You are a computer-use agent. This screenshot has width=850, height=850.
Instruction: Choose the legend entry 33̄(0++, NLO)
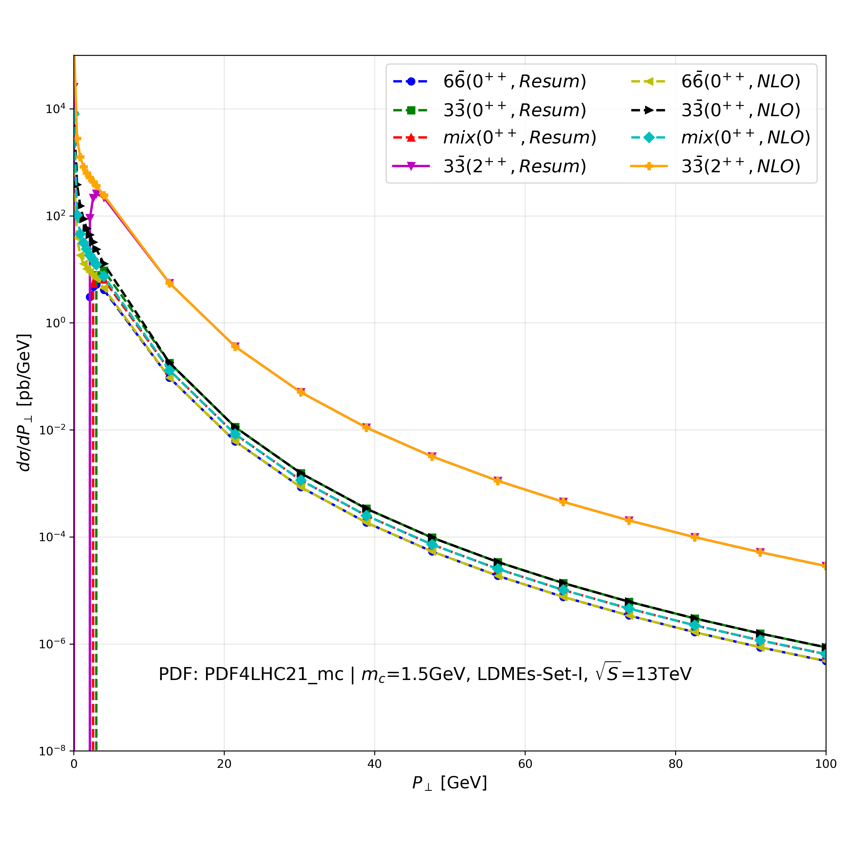click(740, 110)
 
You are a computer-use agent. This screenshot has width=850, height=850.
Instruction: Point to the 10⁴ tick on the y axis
click(55, 109)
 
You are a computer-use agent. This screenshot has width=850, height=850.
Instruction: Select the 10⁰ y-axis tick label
click(55, 323)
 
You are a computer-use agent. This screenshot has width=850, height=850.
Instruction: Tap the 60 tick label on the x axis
click(525, 764)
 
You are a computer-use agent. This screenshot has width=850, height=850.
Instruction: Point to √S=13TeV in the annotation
click(643, 673)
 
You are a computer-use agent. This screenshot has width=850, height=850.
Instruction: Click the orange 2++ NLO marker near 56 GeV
click(498, 481)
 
